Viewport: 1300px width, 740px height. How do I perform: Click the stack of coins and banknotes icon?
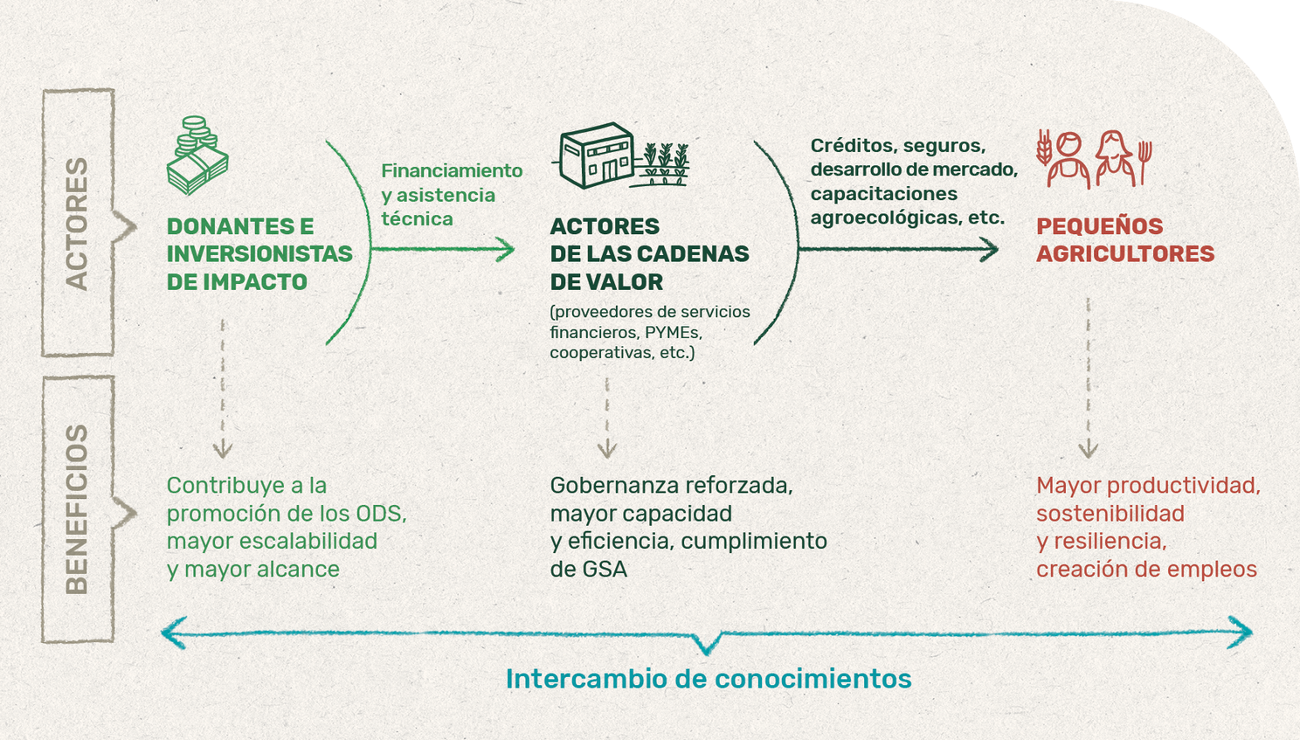(197, 155)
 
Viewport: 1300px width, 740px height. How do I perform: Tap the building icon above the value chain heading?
(596, 155)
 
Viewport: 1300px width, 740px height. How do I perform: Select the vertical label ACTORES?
(77, 224)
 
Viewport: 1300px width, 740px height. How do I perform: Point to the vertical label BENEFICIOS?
(77, 509)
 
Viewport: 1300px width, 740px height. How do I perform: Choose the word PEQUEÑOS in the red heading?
(1100, 226)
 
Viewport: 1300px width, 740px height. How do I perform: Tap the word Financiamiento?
(452, 170)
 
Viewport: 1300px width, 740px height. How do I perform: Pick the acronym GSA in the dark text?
(605, 570)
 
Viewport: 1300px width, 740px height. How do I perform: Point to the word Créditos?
(852, 145)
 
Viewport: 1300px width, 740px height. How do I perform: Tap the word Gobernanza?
(608, 486)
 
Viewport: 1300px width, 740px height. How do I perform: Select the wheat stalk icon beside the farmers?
(1044, 147)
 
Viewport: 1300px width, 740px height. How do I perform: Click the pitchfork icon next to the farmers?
(1144, 163)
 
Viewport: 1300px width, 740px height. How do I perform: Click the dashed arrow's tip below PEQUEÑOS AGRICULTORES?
(1089, 457)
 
